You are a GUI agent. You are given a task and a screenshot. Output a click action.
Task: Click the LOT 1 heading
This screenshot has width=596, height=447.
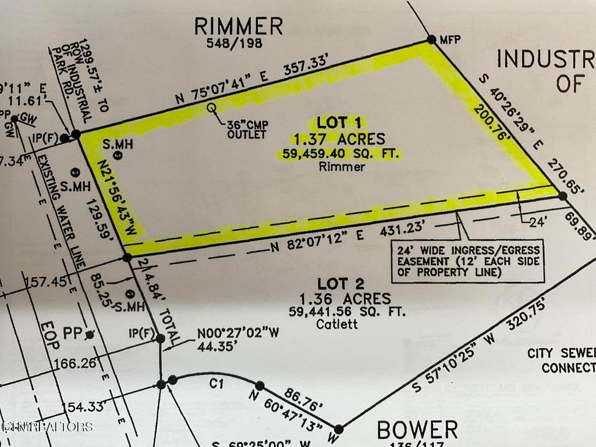(x=339, y=122)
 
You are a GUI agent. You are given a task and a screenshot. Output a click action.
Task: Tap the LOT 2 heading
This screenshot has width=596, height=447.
(x=341, y=284)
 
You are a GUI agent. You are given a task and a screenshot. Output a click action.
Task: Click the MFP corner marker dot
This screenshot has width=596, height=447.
(x=431, y=39)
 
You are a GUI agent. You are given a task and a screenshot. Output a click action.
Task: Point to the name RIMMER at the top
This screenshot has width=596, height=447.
(x=239, y=26)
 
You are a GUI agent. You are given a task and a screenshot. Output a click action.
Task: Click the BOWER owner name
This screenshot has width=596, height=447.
(x=417, y=431)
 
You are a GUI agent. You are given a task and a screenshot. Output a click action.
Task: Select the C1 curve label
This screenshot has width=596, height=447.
(x=217, y=384)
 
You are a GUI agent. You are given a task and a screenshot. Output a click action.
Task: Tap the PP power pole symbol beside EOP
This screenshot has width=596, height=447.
(x=88, y=335)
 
